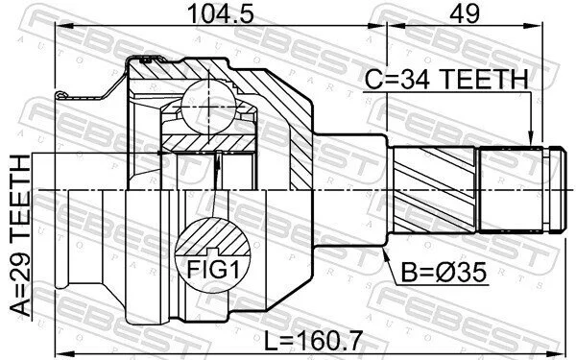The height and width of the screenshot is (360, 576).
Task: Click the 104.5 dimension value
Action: (x=221, y=14)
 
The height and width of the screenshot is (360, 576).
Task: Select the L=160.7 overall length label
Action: (x=314, y=340)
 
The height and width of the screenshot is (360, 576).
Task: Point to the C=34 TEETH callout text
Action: (x=446, y=79)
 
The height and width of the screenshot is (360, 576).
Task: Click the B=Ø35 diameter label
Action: (x=444, y=273)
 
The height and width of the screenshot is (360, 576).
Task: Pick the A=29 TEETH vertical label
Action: (x=19, y=235)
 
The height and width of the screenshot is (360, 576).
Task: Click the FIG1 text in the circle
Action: (x=213, y=269)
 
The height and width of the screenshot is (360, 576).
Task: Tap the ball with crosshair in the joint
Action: (x=208, y=106)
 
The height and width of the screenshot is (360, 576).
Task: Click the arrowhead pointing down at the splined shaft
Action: (x=531, y=139)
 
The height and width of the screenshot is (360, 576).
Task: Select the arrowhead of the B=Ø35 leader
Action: (x=385, y=254)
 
